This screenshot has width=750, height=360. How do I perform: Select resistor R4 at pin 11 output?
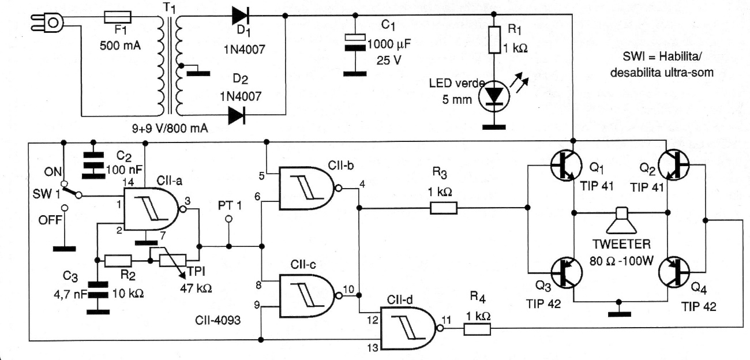tap(476, 329)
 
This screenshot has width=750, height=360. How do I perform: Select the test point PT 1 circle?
tap(229, 219)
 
